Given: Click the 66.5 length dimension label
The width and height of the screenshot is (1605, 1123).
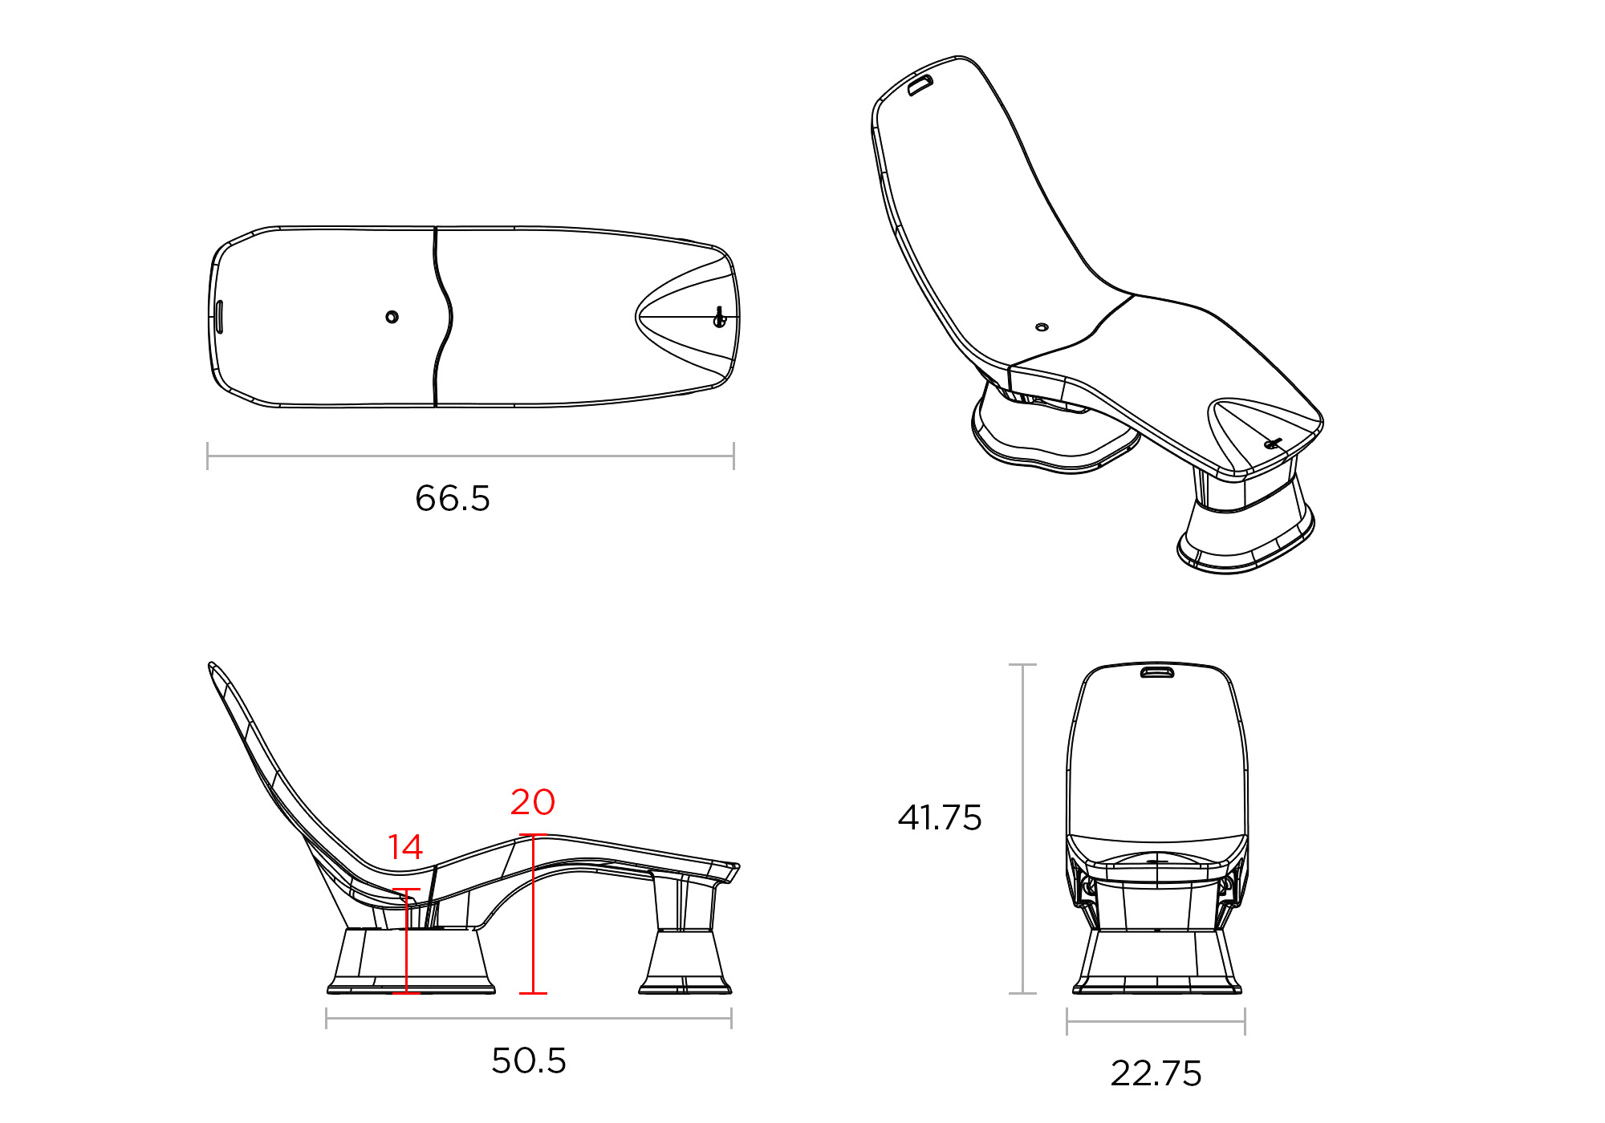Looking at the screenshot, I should click(x=453, y=498).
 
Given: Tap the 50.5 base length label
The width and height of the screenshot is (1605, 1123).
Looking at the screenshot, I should click(x=529, y=1060).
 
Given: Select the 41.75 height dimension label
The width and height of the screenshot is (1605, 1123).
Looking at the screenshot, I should click(x=940, y=817).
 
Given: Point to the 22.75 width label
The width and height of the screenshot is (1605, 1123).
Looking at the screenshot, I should click(x=1156, y=1073).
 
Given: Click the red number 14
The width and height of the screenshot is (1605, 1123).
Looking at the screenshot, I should click(x=405, y=847).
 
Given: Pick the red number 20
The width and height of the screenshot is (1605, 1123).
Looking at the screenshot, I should click(x=533, y=802).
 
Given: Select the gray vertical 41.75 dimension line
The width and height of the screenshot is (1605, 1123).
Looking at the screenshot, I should click(x=1022, y=826).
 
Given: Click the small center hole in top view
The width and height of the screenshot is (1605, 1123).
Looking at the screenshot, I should click(x=392, y=317).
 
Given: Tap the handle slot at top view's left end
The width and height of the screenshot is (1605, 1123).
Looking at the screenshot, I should click(x=219, y=316).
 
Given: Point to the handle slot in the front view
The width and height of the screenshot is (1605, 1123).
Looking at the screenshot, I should click(x=1156, y=672).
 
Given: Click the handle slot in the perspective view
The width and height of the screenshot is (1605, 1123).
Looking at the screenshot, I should click(x=920, y=85).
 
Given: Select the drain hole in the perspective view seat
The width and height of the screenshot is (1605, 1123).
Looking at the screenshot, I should click(x=1042, y=327).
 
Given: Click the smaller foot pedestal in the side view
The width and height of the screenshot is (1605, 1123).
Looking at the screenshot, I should click(x=685, y=963).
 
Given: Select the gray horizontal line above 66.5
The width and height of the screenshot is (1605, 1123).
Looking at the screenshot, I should click(x=470, y=456).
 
